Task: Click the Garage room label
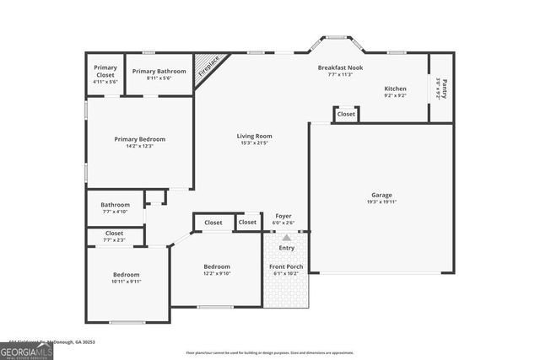(381, 195)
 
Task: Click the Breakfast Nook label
(340, 67)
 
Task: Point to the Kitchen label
(395, 89)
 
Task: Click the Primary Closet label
(105, 71)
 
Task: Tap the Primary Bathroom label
(159, 71)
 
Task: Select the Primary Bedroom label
(140, 139)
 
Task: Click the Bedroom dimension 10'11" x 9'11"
(127, 282)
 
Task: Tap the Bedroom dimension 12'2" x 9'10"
(217, 273)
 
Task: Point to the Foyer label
(283, 216)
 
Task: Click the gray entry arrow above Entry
(286, 239)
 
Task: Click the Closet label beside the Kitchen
(346, 114)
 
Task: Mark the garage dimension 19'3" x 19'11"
(381, 202)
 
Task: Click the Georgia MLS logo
(26, 349)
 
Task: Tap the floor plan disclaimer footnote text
(269, 353)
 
